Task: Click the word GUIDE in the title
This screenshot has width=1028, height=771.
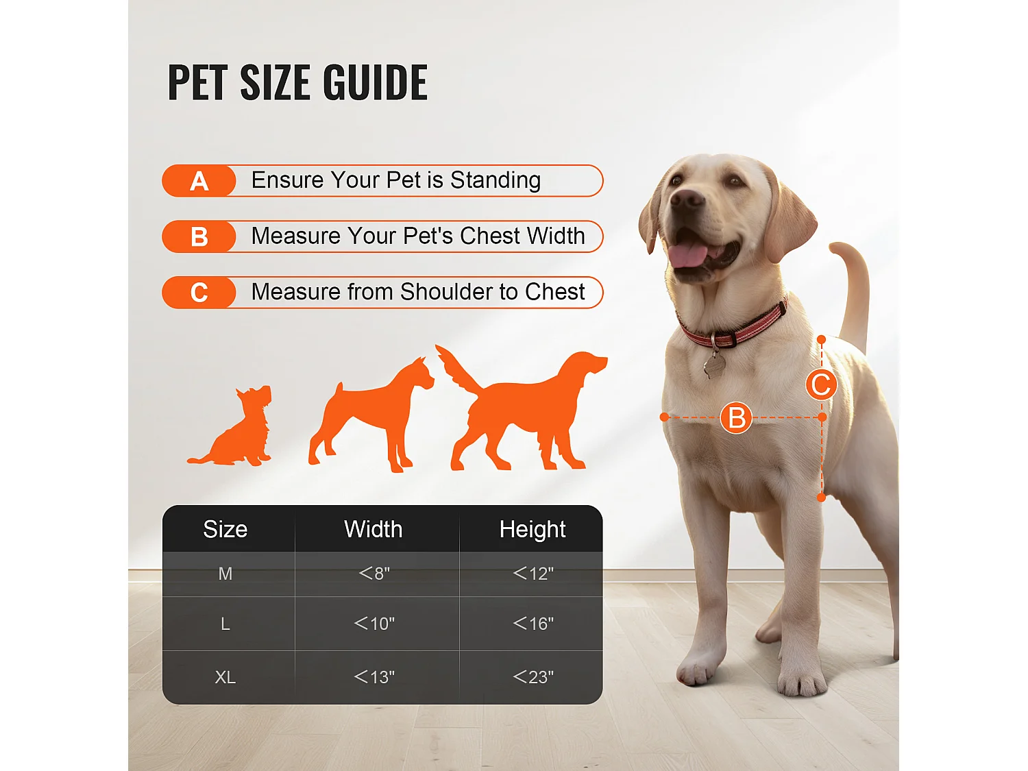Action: [x=375, y=83]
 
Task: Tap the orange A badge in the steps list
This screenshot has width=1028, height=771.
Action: [x=199, y=181]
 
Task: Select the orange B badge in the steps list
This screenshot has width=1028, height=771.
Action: [x=199, y=236]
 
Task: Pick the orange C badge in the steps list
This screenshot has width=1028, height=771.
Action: [x=199, y=293]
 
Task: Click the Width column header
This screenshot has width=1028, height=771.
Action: [x=373, y=529]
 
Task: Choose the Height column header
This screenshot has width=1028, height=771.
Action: [x=533, y=529]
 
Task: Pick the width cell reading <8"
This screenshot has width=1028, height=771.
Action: [x=374, y=573]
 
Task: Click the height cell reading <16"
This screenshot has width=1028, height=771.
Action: [x=533, y=624]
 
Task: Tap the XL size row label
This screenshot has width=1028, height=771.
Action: [x=225, y=677]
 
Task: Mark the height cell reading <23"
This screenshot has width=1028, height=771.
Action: [x=533, y=677]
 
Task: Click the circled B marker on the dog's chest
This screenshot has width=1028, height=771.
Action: [x=737, y=417]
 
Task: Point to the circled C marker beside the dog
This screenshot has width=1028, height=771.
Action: [x=821, y=384]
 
